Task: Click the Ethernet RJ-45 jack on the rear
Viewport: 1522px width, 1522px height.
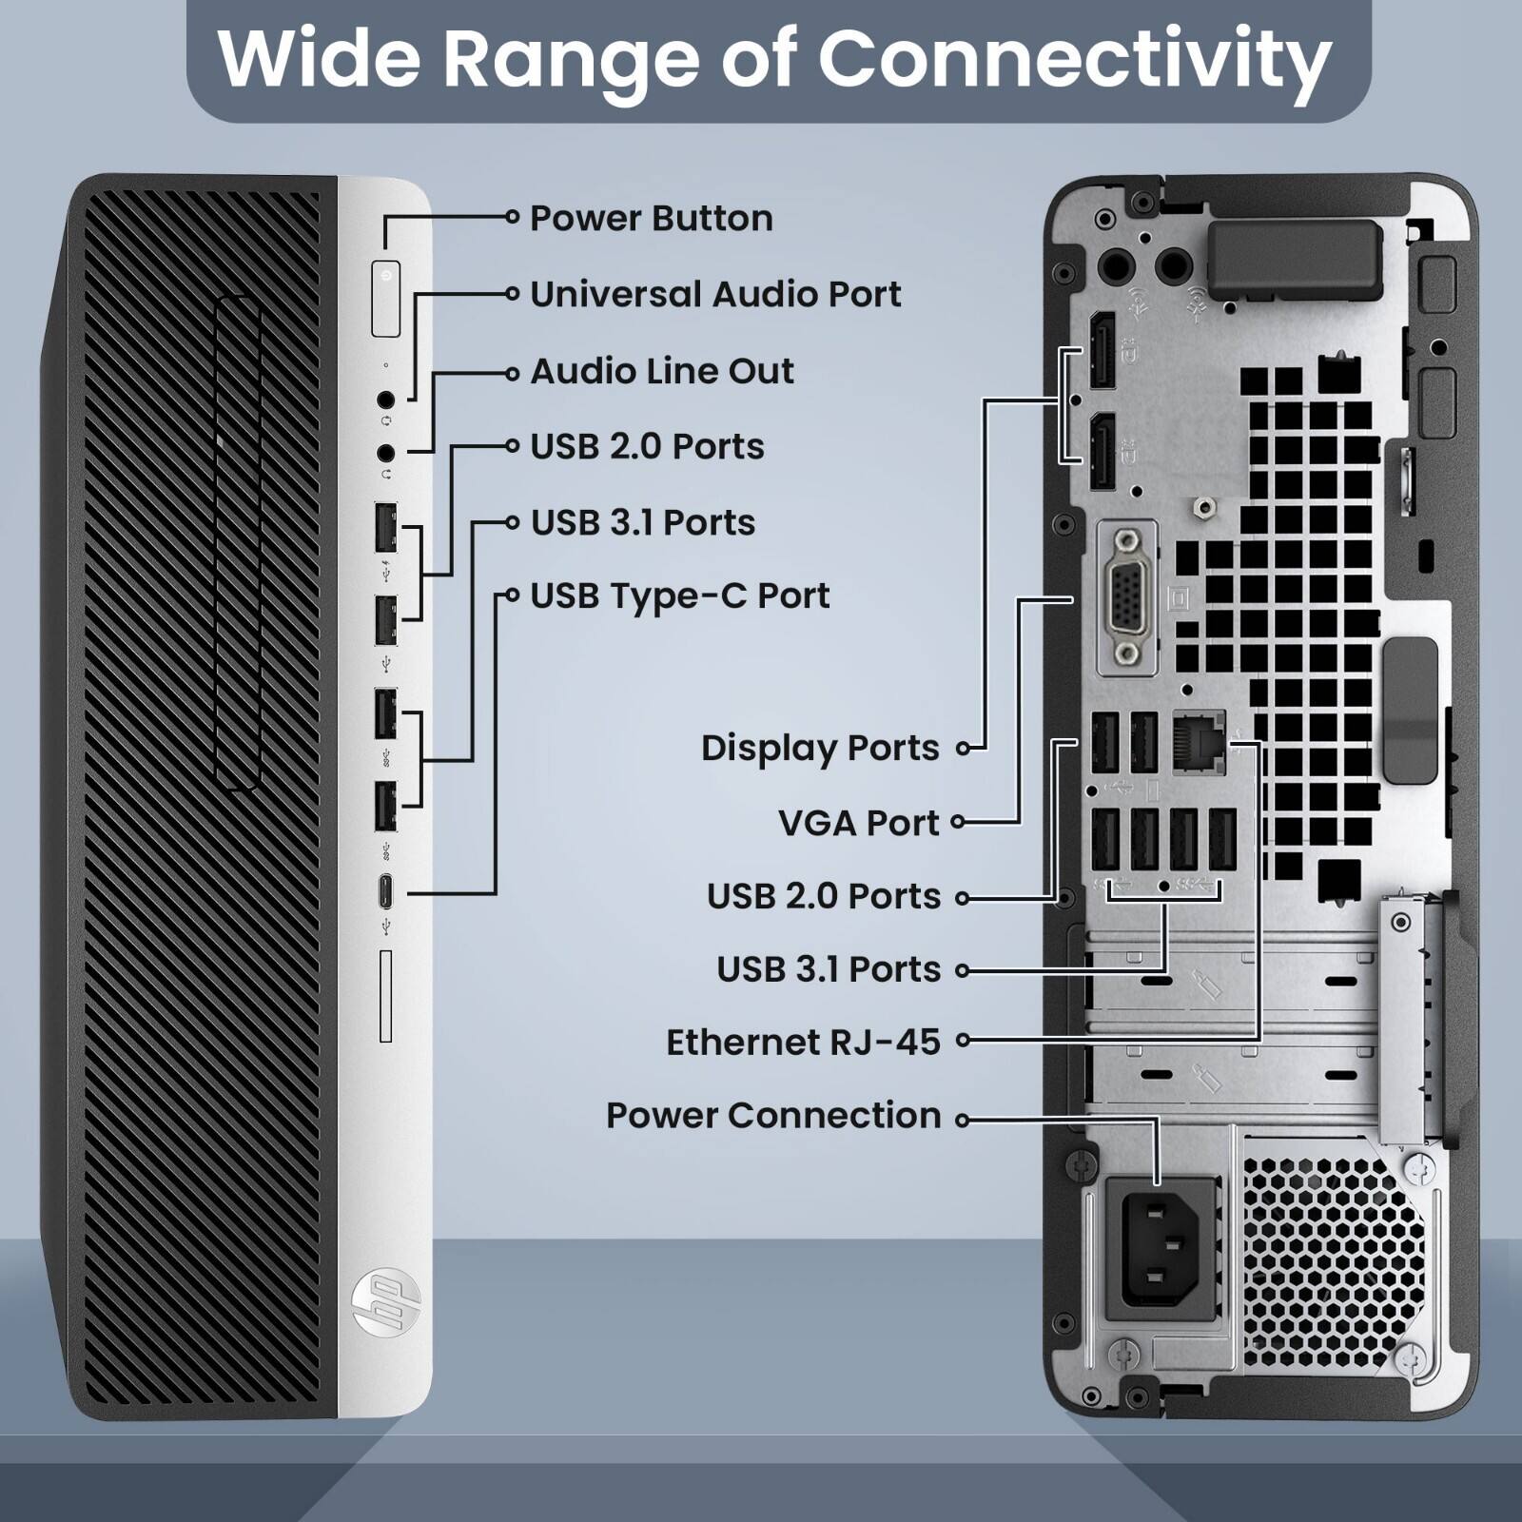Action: point(1199,741)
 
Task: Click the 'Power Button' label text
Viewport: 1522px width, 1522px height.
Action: point(651,219)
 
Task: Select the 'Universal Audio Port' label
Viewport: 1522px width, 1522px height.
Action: point(714,295)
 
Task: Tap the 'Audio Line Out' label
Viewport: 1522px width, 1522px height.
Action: point(661,371)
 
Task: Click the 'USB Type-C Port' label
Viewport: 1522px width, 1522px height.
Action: point(679,596)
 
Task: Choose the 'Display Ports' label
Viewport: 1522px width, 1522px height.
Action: point(820,749)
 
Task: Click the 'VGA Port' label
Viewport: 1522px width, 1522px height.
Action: point(858,823)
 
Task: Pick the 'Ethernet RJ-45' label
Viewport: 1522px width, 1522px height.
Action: point(803,1043)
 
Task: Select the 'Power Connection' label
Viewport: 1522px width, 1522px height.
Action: point(772,1116)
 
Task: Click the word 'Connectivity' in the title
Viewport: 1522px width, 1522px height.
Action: point(1074,59)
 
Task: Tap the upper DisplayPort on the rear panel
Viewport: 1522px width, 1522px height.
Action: point(1102,349)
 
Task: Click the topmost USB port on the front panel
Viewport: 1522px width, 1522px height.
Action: point(385,526)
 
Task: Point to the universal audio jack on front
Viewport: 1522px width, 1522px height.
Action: point(385,400)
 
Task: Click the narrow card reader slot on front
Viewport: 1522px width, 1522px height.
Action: point(385,995)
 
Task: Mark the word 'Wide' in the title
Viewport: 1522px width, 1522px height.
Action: point(319,59)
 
